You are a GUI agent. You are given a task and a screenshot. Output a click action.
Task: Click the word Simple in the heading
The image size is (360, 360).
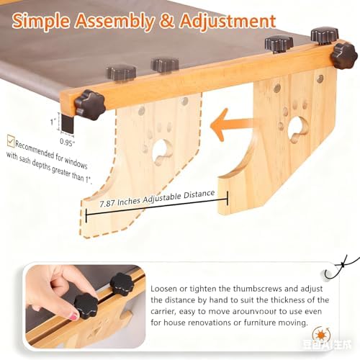coord(41,21)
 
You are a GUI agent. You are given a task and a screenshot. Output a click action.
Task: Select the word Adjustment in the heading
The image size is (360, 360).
coord(228,21)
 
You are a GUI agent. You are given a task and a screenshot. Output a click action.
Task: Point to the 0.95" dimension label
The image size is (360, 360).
coord(67,142)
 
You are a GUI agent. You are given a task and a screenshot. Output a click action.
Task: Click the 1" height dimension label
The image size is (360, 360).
coord(53,122)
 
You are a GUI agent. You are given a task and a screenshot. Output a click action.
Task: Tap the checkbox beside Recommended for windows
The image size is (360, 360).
coord(11,141)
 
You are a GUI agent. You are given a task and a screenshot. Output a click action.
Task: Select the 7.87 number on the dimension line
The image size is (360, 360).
coord(107,204)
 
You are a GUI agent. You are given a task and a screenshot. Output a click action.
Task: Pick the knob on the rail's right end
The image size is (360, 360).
coord(344,55)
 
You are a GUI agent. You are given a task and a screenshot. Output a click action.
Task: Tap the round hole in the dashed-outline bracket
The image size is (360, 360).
coord(162,150)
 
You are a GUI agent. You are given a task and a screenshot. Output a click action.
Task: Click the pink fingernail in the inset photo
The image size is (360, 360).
coord(74,316)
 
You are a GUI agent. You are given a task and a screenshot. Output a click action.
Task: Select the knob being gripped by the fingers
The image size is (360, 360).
coord(86,306)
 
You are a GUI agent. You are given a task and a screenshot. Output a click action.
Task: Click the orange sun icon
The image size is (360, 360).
coord(321,335)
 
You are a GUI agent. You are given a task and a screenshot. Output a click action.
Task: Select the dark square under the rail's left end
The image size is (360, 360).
coord(67,123)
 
